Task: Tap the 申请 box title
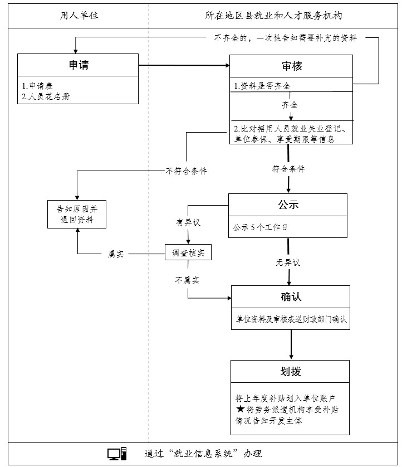[x=78, y=65]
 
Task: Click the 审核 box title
[x=291, y=66]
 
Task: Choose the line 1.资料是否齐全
[x=262, y=86]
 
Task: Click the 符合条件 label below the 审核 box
[x=288, y=168]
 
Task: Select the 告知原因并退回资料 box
[x=78, y=214]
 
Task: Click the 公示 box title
[x=288, y=205]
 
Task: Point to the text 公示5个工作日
[x=261, y=227]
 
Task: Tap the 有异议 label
[x=188, y=222]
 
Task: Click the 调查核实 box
[x=188, y=253]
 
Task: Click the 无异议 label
[x=288, y=262]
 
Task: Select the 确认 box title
[x=291, y=296]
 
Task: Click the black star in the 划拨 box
[x=240, y=409]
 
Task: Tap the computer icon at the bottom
[x=117, y=454]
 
